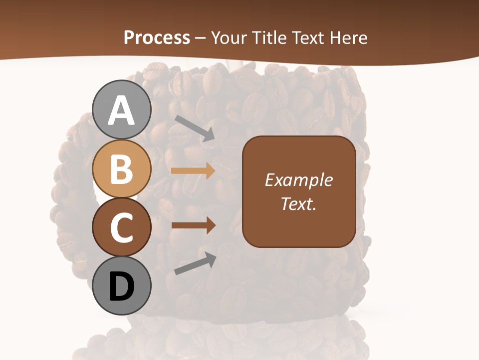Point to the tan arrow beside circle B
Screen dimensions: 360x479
[193, 171]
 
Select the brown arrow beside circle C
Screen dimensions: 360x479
[193, 225]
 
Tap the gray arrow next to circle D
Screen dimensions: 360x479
[195, 263]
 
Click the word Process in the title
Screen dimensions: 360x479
[157, 37]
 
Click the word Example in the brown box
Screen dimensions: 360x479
[298, 180]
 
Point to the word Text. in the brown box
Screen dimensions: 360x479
[298, 203]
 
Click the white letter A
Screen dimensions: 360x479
[121, 111]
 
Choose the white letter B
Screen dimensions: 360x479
[121, 169]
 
